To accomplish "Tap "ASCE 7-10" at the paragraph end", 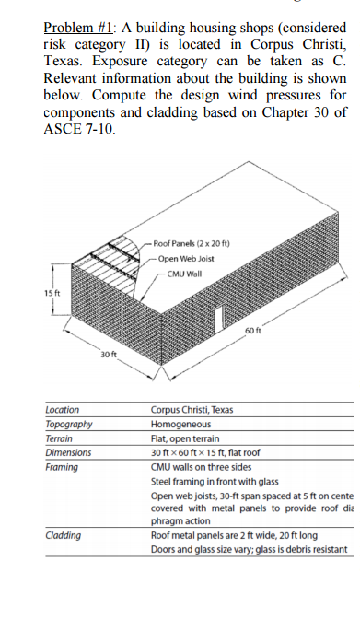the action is [80, 129].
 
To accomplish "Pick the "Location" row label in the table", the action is [63, 409].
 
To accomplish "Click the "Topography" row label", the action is [68, 424].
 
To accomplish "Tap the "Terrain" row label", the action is [60, 438].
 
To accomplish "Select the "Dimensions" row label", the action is [68, 453].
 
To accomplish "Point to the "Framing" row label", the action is [62, 468].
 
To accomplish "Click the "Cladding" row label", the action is [63, 536].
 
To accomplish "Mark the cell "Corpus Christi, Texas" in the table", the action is [191, 409].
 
